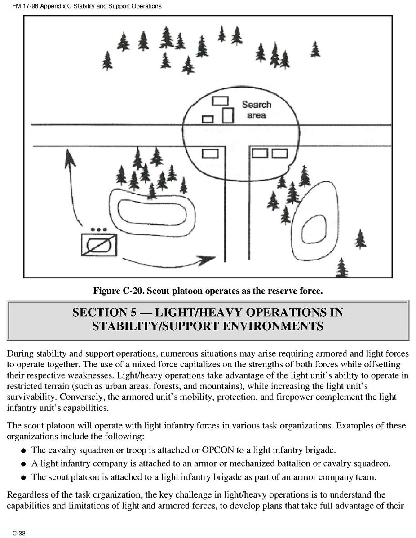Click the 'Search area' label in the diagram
coord(257,110)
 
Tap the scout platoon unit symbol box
coord(99,245)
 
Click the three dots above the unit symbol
coord(98,229)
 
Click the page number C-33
coord(18,533)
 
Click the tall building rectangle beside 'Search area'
coord(228,115)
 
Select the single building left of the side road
coord(210,154)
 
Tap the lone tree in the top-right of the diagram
coord(315,49)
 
